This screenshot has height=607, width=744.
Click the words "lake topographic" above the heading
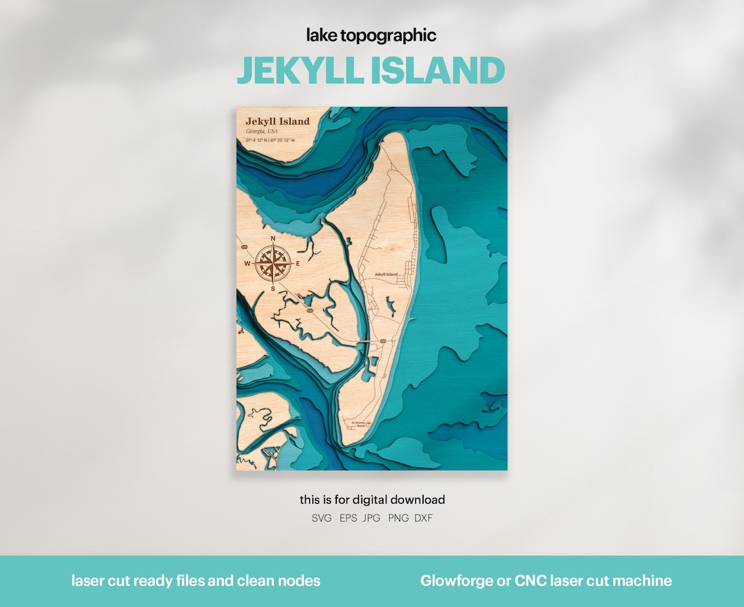click(371, 36)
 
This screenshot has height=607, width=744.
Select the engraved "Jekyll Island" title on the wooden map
click(278, 121)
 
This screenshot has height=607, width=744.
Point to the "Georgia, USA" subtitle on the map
click(262, 131)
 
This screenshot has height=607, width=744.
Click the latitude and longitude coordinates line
click(270, 141)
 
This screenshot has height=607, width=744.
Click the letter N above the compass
click(273, 239)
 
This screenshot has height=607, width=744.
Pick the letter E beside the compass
click(298, 264)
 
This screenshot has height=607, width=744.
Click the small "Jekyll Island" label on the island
click(386, 274)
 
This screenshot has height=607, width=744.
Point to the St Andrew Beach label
click(359, 424)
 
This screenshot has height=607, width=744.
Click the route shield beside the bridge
click(383, 340)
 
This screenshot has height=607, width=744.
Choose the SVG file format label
click(322, 518)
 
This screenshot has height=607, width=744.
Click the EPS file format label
click(349, 518)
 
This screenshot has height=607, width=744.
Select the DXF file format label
click(424, 518)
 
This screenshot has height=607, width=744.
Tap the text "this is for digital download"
click(372, 500)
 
